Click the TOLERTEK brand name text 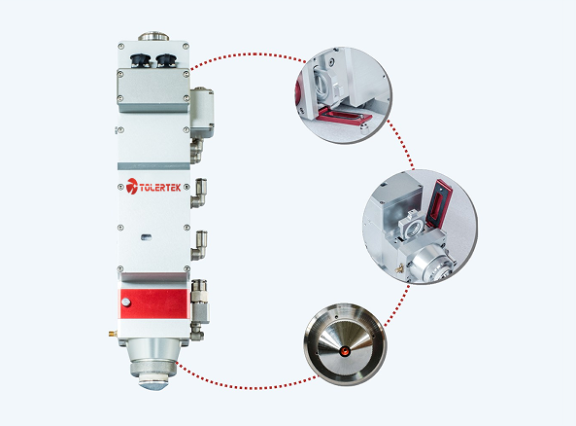coord(160,188)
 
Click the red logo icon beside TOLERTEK coord(132,186)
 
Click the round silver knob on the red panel coord(125,302)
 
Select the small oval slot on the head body coord(147,237)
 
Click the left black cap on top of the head coord(140,60)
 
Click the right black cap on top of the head coord(166,60)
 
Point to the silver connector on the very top coord(153,36)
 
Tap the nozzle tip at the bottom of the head coord(153,385)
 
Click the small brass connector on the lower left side coord(112,334)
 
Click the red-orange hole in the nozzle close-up coord(345,351)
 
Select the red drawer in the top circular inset coord(344,117)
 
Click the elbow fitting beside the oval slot coord(199,246)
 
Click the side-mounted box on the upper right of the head coord(202,112)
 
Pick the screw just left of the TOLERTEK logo coord(120,188)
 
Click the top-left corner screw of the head coord(120,46)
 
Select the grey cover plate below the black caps coord(153,90)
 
